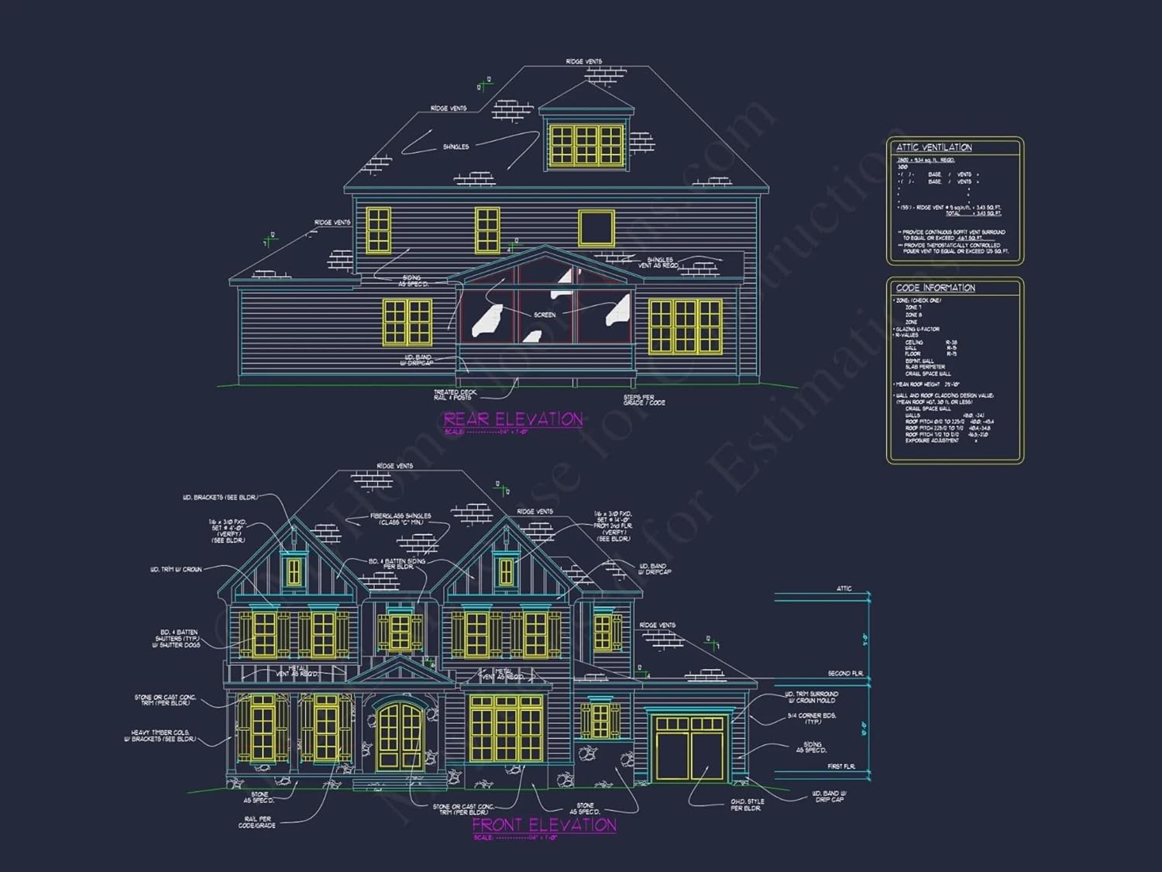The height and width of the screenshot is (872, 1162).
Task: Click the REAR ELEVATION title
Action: tap(513, 419)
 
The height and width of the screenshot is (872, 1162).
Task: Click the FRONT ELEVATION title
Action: tap(544, 825)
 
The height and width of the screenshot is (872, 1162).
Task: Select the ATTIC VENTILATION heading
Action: tap(933, 147)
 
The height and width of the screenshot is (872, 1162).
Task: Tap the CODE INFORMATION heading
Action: tap(935, 288)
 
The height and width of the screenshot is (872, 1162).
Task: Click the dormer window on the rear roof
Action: tap(586, 144)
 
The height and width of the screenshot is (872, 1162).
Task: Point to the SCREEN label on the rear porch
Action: tap(545, 315)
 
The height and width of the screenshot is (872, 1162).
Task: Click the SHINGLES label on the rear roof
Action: tap(456, 146)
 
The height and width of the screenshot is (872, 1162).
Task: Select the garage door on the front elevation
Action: tap(689, 749)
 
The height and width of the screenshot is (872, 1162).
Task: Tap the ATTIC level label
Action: tap(844, 589)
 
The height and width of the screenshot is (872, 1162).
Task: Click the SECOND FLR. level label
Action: tap(844, 674)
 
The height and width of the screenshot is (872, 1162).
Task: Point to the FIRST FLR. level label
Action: tap(841, 767)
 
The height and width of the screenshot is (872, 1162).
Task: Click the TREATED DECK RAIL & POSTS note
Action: tap(455, 395)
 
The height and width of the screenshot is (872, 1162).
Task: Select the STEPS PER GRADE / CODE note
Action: tap(644, 400)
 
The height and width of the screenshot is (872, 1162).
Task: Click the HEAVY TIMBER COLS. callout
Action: tap(160, 736)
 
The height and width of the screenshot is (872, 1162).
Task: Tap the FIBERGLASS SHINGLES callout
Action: tap(400, 519)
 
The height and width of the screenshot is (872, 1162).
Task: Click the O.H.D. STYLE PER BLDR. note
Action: tap(747, 805)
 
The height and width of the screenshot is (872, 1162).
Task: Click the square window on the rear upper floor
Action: tap(596, 228)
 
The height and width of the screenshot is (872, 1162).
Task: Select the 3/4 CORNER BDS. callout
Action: tap(811, 719)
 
